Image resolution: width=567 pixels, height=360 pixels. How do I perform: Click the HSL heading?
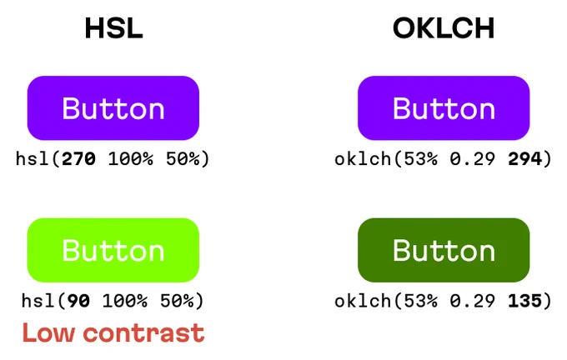pyautogui.click(x=113, y=28)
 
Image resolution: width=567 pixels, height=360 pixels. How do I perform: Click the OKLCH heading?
pyautogui.click(x=444, y=28)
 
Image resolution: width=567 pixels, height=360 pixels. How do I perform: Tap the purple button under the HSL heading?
pyautogui.click(x=113, y=107)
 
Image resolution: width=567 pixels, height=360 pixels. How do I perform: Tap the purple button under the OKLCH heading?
pyautogui.click(x=444, y=107)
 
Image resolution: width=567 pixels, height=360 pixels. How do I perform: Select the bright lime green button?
pyautogui.click(x=113, y=250)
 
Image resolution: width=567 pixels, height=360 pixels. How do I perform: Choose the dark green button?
pyautogui.click(x=444, y=250)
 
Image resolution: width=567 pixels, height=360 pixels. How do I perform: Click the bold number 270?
pyautogui.click(x=79, y=158)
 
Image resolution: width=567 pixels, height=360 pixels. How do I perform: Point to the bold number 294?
pyautogui.click(x=525, y=158)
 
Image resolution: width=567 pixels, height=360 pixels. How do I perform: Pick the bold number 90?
pyautogui.click(x=79, y=301)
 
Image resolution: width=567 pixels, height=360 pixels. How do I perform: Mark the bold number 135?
pyautogui.click(x=525, y=301)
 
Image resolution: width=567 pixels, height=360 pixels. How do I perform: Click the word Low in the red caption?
pyautogui.click(x=48, y=332)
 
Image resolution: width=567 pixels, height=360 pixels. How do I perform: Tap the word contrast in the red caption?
pyautogui.click(x=144, y=333)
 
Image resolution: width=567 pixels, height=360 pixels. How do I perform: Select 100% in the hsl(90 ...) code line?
pyautogui.click(x=125, y=301)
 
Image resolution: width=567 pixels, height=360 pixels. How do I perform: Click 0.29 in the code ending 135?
pyautogui.click(x=473, y=301)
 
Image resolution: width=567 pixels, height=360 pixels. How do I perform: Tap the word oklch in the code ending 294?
pyautogui.click(x=363, y=158)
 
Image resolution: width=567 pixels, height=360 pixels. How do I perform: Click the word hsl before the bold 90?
pyautogui.click(x=38, y=301)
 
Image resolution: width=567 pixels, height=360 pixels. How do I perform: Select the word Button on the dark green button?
pyautogui.click(x=444, y=250)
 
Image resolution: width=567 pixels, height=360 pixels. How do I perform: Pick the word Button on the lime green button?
pyautogui.click(x=113, y=250)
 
